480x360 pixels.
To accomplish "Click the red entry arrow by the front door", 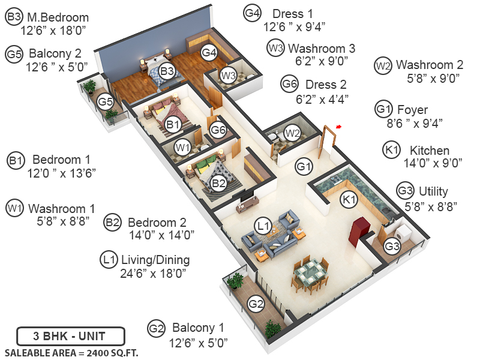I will pyautogui.click(x=339, y=127).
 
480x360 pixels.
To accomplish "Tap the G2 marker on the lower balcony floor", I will pyautogui.click(x=256, y=304).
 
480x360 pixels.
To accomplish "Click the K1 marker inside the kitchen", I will pyautogui.click(x=349, y=199).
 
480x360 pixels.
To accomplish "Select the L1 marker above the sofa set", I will pyautogui.click(x=263, y=226).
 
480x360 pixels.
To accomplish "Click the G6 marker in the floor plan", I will pyautogui.click(x=218, y=130).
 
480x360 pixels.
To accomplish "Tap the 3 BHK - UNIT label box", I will pyautogui.click(x=70, y=335).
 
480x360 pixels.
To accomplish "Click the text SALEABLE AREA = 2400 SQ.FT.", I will pyautogui.click(x=71, y=353).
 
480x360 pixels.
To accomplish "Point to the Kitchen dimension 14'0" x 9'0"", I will pyautogui.click(x=428, y=162).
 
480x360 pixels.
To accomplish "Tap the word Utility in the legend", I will pyautogui.click(x=433, y=191).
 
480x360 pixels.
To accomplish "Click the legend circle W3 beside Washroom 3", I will pyautogui.click(x=275, y=48).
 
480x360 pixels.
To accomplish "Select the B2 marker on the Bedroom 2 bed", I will pyautogui.click(x=218, y=182).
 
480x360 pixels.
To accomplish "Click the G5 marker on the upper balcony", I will pyautogui.click(x=106, y=101).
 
